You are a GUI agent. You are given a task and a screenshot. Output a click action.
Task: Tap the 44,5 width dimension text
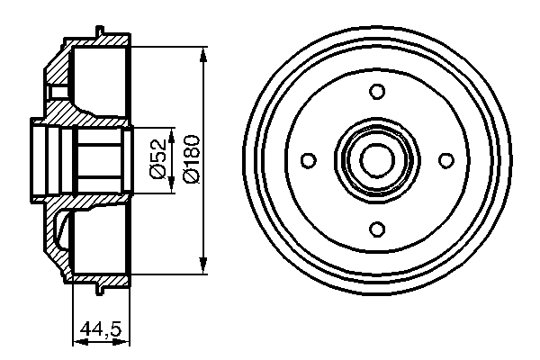[101, 330]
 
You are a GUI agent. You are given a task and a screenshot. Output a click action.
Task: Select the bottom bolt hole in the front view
[378, 229]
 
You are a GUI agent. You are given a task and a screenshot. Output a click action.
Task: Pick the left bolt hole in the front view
[309, 159]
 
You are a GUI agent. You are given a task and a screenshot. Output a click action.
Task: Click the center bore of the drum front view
[378, 159]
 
